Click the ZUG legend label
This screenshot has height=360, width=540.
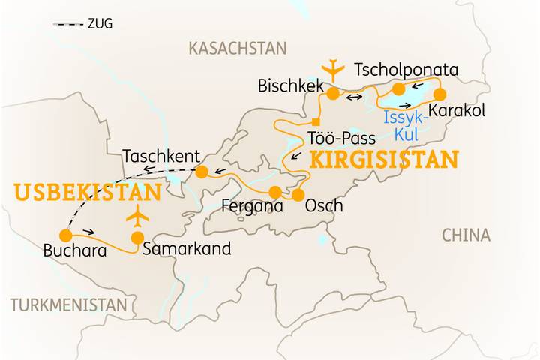tap(100, 24)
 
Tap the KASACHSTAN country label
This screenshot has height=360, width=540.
tap(237, 49)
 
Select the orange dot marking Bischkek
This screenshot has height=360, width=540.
tap(333, 94)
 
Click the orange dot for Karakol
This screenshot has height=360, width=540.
tap(439, 94)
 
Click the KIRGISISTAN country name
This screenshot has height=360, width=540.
tap(383, 160)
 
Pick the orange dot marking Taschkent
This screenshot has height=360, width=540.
tap(202, 172)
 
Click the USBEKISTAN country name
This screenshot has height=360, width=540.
tap(87, 193)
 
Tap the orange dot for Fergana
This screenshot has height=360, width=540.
tap(275, 191)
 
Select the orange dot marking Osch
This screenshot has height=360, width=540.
tap(298, 196)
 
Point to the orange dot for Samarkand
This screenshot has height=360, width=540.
tap(137, 238)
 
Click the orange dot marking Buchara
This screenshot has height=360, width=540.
tap(65, 235)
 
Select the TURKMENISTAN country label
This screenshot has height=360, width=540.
tap(68, 305)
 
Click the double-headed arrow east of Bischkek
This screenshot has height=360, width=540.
tap(355, 97)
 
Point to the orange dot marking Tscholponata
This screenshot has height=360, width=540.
tap(399, 89)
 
